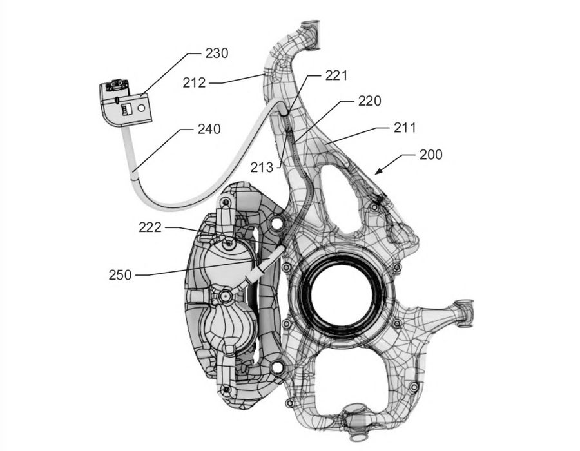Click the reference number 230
click(217, 53)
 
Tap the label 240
click(209, 129)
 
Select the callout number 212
click(194, 83)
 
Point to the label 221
click(336, 75)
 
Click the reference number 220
click(369, 101)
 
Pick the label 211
click(405, 128)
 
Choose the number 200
click(431, 155)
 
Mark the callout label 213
click(262, 168)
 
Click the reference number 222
click(150, 227)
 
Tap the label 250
click(121, 275)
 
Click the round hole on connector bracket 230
click(141, 108)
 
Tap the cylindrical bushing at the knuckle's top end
click(310, 35)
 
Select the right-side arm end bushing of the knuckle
click(464, 312)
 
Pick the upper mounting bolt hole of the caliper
click(276, 222)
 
